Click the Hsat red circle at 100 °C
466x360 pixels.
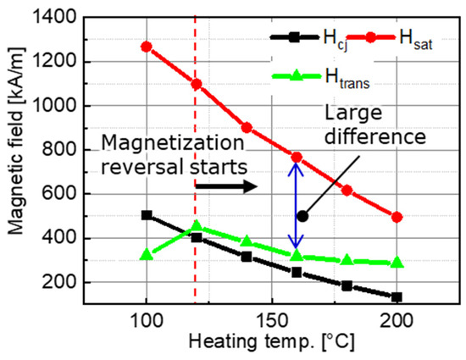click(x=147, y=47)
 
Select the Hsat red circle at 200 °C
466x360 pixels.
click(x=397, y=217)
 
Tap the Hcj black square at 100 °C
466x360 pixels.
click(x=147, y=215)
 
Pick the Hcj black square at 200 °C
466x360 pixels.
click(x=397, y=296)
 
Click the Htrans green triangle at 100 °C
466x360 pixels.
click(x=147, y=254)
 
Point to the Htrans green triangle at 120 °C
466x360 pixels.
click(x=197, y=226)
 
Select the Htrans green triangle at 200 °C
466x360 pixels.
click(x=397, y=263)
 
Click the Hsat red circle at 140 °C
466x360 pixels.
click(x=247, y=127)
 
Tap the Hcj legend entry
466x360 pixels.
click(x=301, y=36)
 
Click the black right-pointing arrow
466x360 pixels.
click(x=236, y=186)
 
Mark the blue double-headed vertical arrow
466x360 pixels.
click(x=296, y=206)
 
